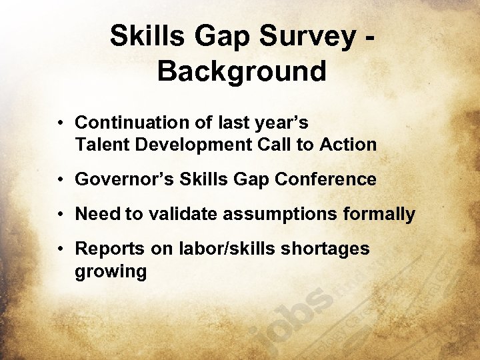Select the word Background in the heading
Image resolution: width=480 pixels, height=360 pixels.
(x=242, y=71)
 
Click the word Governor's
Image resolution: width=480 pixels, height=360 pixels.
(x=123, y=179)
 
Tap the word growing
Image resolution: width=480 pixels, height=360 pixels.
(x=111, y=272)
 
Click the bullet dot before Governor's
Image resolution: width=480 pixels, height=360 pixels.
(x=60, y=180)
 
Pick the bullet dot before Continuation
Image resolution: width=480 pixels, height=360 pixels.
(x=60, y=123)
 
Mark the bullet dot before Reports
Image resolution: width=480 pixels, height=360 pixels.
(x=60, y=249)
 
